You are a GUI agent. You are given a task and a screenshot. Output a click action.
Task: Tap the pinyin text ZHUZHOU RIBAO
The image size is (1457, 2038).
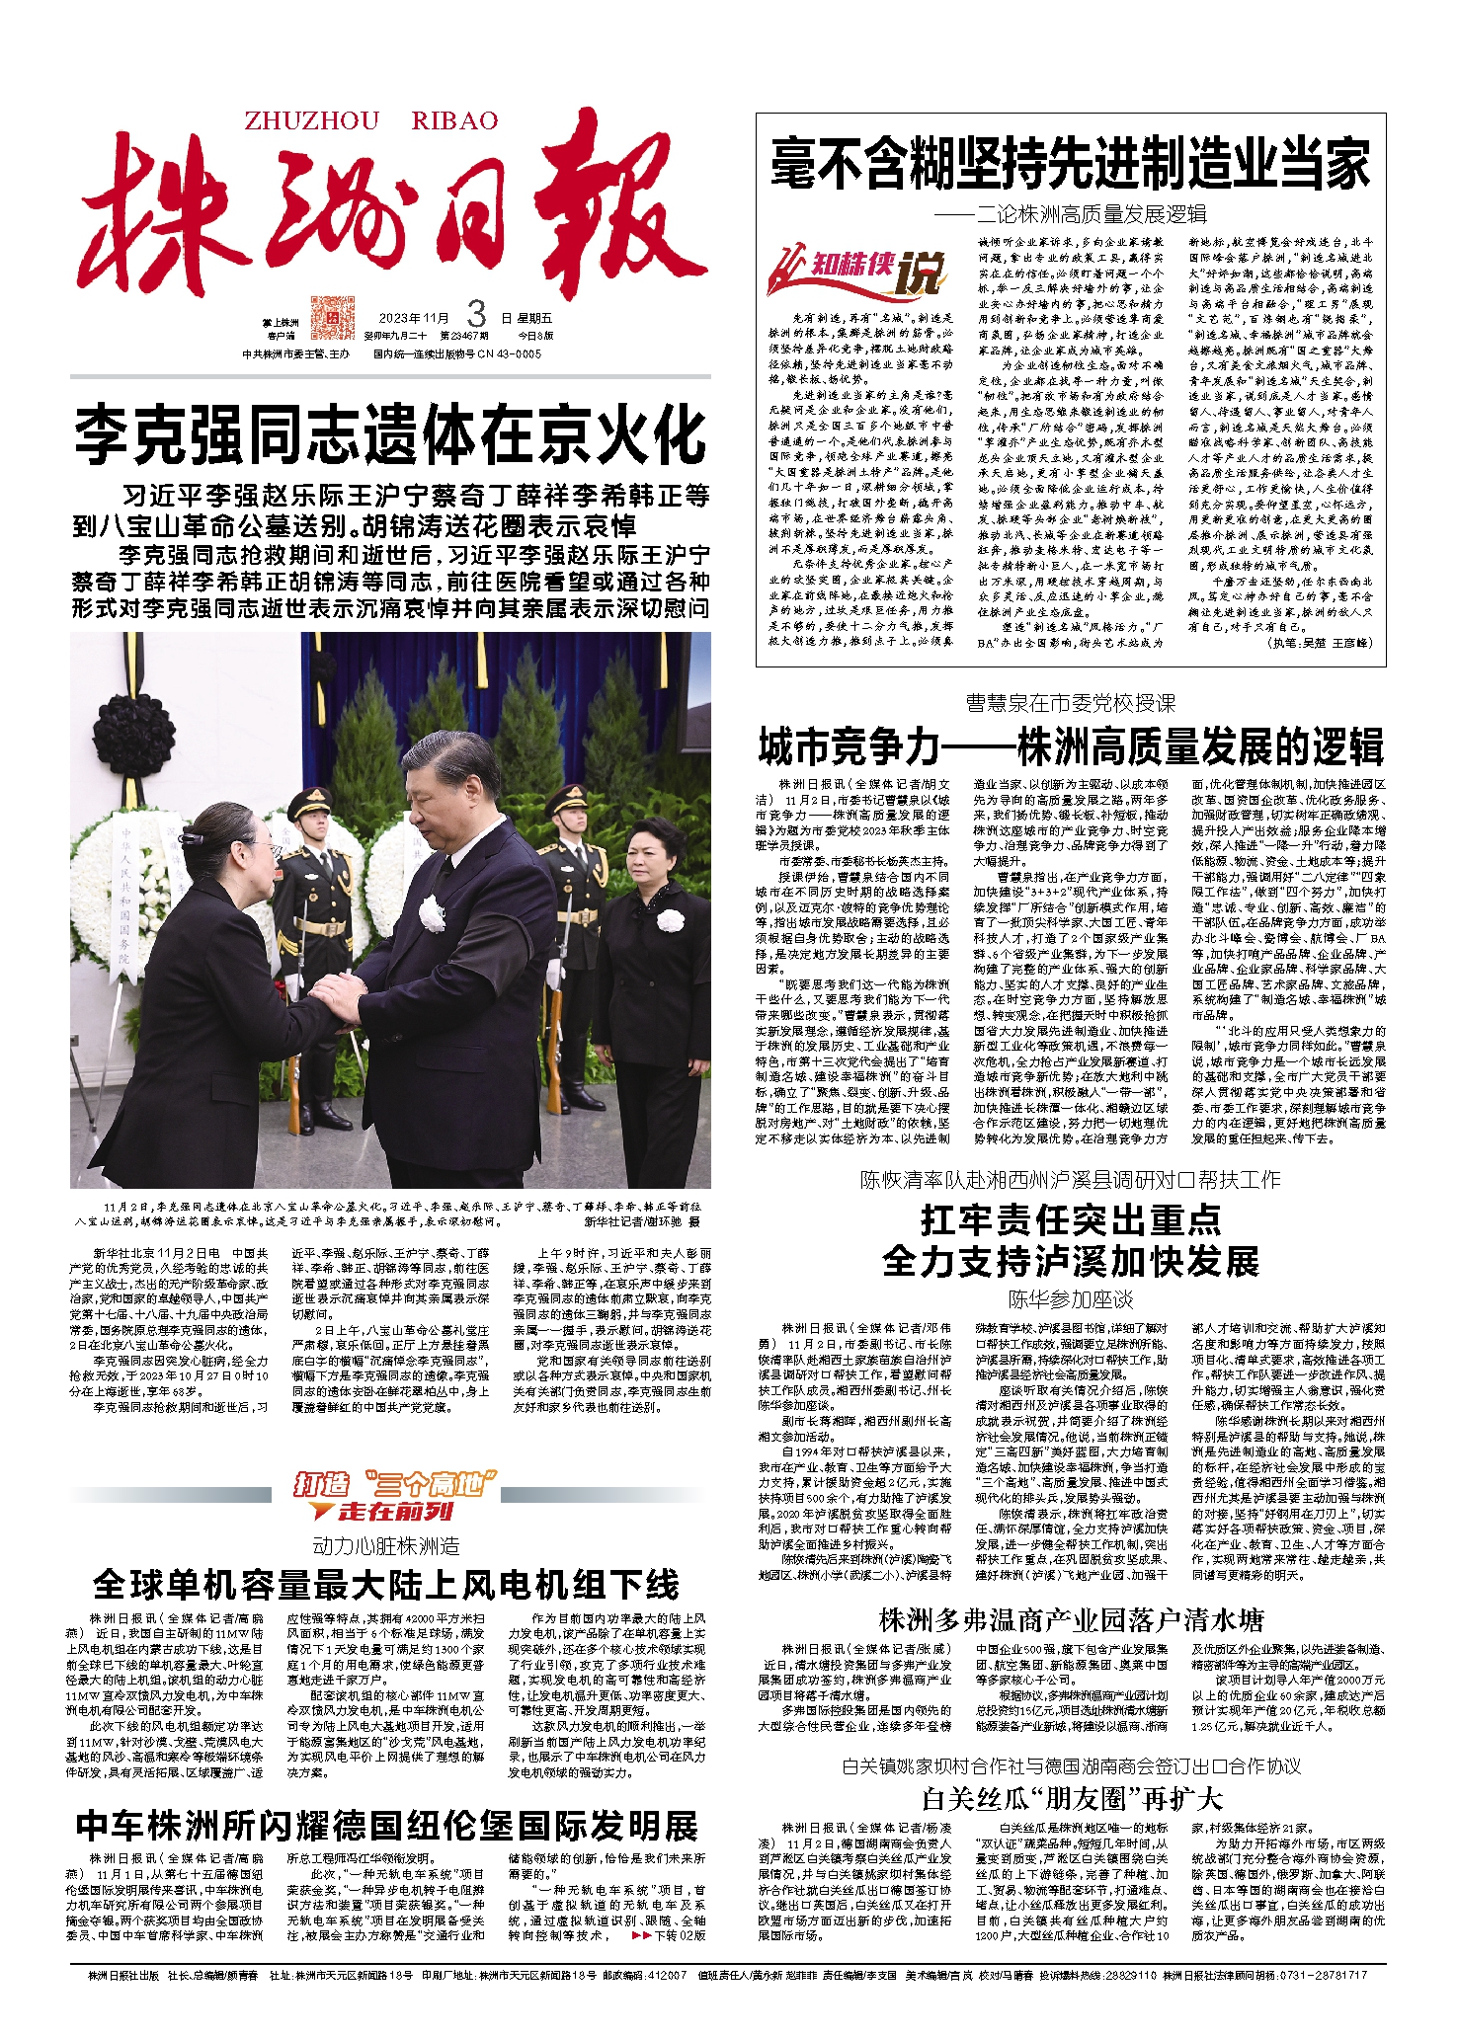click(371, 121)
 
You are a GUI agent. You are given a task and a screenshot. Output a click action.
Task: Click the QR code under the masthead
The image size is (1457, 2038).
click(332, 317)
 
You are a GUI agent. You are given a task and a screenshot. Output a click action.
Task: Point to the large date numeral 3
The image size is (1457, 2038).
click(476, 315)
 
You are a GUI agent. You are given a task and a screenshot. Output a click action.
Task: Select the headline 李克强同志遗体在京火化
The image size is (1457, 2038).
click(391, 435)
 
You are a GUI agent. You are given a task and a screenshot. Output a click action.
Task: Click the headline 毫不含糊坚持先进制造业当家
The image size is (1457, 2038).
click(1070, 164)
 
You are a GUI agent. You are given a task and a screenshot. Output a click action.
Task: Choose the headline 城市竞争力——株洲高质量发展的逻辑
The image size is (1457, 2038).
click(1070, 746)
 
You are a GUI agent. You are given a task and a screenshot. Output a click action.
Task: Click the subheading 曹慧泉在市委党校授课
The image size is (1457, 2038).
click(1070, 703)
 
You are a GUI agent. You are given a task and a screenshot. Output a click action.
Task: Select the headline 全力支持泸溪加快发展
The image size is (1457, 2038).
click(1070, 1261)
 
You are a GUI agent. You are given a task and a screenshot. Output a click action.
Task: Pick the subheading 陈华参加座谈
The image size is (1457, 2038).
click(1070, 1298)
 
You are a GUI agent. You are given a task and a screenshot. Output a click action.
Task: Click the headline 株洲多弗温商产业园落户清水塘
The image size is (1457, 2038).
click(1070, 1619)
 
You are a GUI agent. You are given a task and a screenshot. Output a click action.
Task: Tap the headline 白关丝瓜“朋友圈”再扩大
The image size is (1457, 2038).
click(1070, 1797)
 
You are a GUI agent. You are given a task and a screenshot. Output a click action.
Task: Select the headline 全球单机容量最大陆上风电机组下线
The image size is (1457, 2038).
click(386, 1585)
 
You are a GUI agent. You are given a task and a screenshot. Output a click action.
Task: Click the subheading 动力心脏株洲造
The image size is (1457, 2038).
click(386, 1545)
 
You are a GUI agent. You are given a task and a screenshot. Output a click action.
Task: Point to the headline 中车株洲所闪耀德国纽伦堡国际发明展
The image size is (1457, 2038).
click(386, 1825)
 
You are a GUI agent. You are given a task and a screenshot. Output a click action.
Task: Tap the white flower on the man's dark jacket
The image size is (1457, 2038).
click(431, 914)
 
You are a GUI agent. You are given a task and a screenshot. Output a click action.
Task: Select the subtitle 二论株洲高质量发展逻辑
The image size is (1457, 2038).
click(1070, 213)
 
